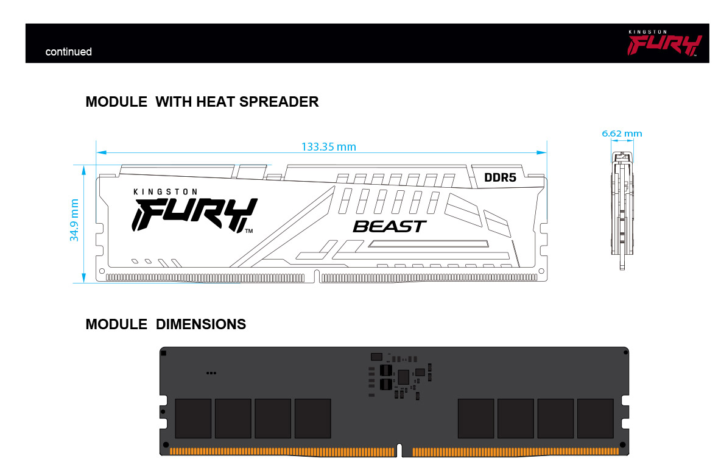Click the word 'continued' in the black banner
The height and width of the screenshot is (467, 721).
[x=69, y=52]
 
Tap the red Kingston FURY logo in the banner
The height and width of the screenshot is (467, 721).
[x=664, y=43]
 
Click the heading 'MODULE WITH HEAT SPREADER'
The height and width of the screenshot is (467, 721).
[x=202, y=102]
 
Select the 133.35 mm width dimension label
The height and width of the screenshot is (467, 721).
[x=328, y=147]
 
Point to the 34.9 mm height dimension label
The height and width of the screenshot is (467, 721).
[x=74, y=220]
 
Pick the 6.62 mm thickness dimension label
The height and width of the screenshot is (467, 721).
[x=622, y=134]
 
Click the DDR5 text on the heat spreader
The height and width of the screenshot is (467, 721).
[x=501, y=177]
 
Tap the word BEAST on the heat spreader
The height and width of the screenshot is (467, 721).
[x=390, y=227]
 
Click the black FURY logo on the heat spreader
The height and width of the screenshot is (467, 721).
[x=194, y=215]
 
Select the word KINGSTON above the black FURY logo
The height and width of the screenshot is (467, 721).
[x=166, y=191]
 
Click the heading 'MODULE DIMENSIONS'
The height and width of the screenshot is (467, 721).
[x=166, y=324]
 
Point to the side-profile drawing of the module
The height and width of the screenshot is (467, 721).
[x=622, y=210]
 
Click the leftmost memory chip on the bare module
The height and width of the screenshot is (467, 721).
[x=193, y=418]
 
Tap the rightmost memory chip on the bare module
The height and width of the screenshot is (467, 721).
[x=596, y=418]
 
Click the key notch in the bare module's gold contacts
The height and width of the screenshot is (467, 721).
[x=399, y=450]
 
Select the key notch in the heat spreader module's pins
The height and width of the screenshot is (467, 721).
[x=317, y=276]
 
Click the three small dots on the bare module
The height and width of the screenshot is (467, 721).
[x=211, y=373]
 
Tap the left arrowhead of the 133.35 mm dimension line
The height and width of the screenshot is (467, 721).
[x=102, y=152]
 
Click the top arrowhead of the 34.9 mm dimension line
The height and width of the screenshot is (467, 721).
[x=83, y=171]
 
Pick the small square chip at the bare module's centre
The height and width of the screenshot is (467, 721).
[x=403, y=377]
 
